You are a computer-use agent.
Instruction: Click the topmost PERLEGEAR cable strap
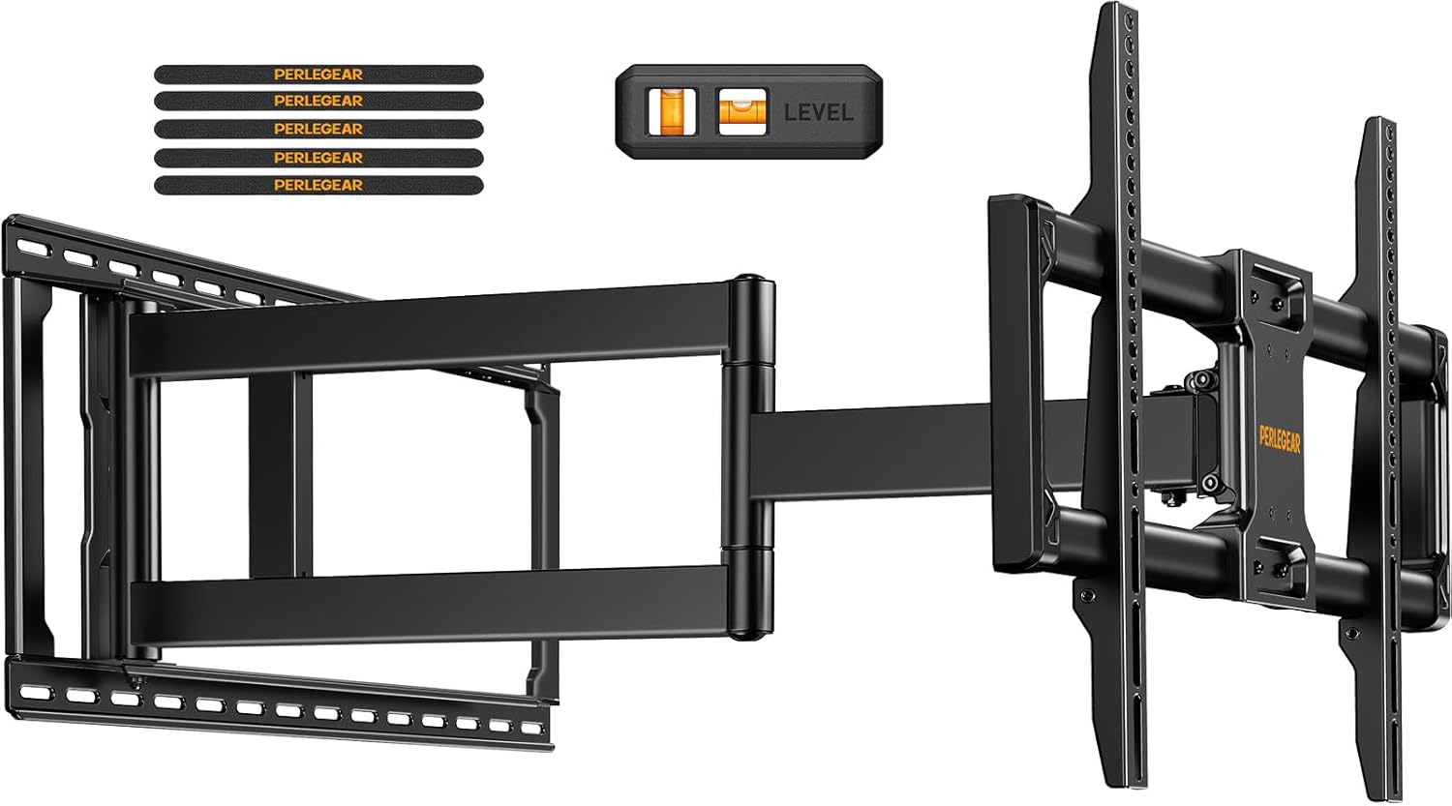(x=318, y=73)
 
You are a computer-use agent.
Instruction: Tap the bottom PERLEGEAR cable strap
(x=318, y=184)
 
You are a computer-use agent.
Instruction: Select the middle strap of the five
(x=318, y=129)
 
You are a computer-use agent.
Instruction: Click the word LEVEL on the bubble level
(x=818, y=112)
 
